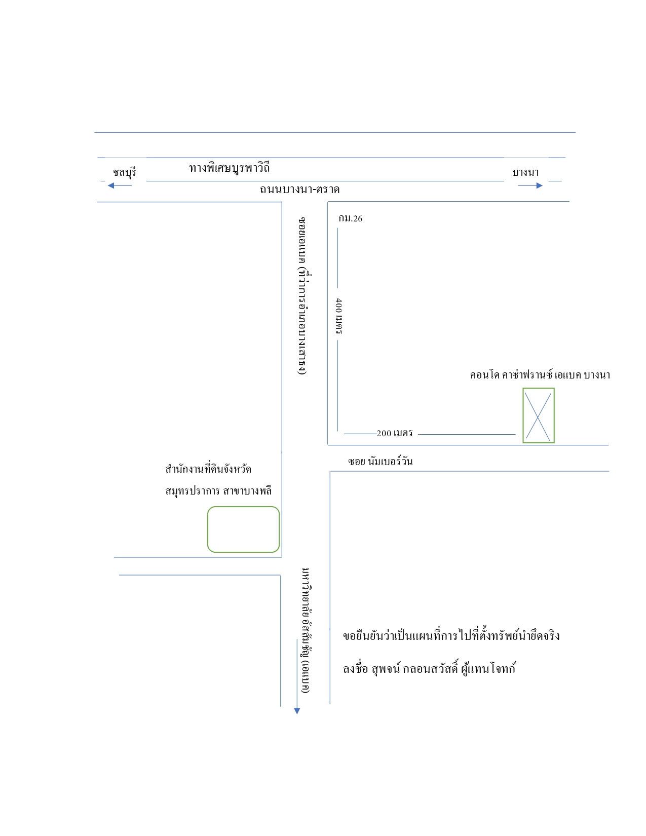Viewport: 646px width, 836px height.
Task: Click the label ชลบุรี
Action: (124, 172)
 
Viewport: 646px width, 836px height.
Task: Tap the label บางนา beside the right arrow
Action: (525, 172)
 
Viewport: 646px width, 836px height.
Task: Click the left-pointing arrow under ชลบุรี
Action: (120, 186)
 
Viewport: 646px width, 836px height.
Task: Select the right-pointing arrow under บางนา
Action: (530, 186)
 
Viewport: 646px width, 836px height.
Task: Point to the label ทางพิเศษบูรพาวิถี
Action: (230, 168)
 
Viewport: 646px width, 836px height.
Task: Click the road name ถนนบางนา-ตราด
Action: (300, 189)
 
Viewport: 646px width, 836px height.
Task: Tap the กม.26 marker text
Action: (350, 218)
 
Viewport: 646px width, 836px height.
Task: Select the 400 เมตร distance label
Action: (338, 316)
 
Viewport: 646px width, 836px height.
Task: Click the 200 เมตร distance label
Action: (394, 433)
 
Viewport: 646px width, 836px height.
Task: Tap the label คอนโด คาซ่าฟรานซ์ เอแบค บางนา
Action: (540, 375)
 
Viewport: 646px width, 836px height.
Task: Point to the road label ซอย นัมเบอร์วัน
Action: (380, 461)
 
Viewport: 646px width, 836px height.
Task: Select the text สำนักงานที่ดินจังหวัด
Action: (208, 469)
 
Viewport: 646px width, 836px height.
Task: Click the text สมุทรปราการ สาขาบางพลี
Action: (218, 491)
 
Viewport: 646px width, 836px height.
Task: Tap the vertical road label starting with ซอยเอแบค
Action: (303, 296)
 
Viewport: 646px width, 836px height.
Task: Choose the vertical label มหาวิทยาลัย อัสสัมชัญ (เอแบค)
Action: (306, 630)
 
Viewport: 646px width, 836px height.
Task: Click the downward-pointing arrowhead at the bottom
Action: (297, 711)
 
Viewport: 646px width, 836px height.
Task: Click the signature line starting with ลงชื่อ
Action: (429, 668)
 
